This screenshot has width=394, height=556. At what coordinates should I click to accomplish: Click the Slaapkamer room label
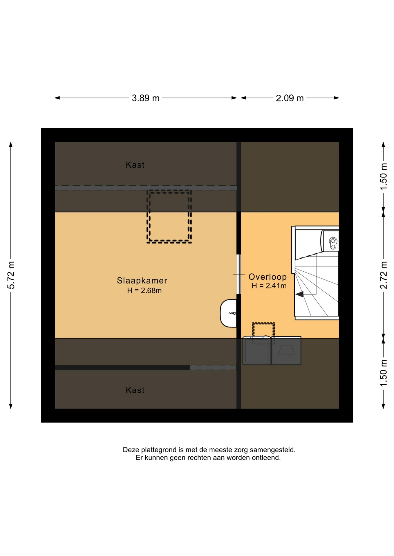142,280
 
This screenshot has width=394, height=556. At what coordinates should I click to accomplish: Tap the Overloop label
268,277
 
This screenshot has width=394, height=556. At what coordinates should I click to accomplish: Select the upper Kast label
135,165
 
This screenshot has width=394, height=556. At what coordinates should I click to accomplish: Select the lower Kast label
135,390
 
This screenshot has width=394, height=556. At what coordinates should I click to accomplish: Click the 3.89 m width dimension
146,98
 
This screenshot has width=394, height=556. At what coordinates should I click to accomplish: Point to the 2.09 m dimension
290,98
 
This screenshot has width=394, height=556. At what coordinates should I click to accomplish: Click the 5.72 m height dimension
11,275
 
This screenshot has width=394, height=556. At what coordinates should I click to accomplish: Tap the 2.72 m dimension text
384,275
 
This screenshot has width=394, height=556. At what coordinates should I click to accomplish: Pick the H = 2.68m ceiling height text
144,290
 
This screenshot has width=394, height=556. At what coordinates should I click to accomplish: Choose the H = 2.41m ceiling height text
269,286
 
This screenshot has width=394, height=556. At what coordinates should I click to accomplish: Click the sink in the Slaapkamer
228,313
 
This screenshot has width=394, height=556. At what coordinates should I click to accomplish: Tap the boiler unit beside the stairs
330,241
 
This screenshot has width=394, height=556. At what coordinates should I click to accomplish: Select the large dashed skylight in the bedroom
169,217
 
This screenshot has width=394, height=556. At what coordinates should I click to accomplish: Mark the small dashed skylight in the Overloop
263,333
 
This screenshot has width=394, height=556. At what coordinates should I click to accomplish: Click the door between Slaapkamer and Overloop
239,274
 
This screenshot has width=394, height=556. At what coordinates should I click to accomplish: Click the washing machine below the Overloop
257,350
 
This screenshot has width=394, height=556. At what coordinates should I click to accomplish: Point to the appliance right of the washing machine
286,350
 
